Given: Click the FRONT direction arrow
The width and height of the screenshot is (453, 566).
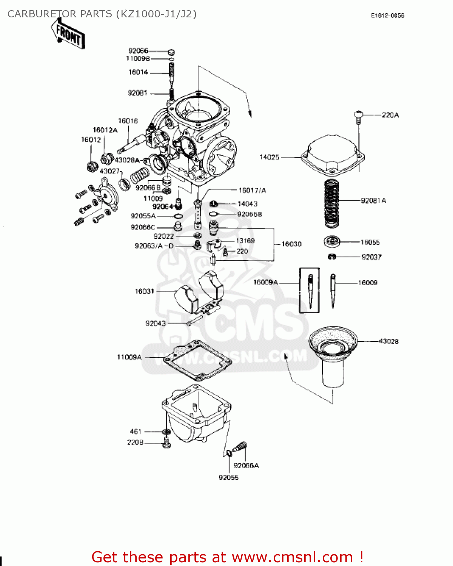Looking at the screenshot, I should [x=68, y=34].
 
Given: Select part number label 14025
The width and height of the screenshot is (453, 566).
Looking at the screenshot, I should [x=269, y=157].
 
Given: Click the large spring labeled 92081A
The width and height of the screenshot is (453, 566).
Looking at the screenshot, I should [x=332, y=204].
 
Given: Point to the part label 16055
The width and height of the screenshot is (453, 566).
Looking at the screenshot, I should [x=370, y=242].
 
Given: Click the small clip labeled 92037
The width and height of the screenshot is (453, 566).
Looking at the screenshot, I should [x=332, y=257].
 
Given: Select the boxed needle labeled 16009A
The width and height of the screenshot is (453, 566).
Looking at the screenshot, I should [x=310, y=291].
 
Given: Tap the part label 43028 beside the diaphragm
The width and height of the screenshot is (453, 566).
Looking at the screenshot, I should [x=388, y=341].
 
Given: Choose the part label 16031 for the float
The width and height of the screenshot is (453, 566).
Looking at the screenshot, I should [x=145, y=291].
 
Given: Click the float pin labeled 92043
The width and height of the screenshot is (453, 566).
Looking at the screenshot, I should [x=195, y=321].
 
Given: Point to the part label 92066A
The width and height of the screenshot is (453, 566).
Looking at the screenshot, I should [x=246, y=466].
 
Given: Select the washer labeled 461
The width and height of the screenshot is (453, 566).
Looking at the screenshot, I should [x=166, y=431].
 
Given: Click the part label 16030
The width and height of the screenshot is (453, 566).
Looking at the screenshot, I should [x=291, y=244].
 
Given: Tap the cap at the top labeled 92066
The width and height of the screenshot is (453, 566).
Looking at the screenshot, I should [x=171, y=52].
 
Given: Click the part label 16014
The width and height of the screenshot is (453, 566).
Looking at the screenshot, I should [x=138, y=72].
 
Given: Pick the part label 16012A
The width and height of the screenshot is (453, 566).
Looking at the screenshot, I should [x=105, y=130].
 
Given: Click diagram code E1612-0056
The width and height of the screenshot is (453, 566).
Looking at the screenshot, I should [x=387, y=15].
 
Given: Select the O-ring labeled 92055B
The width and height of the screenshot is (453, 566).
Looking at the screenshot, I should [x=213, y=214].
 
